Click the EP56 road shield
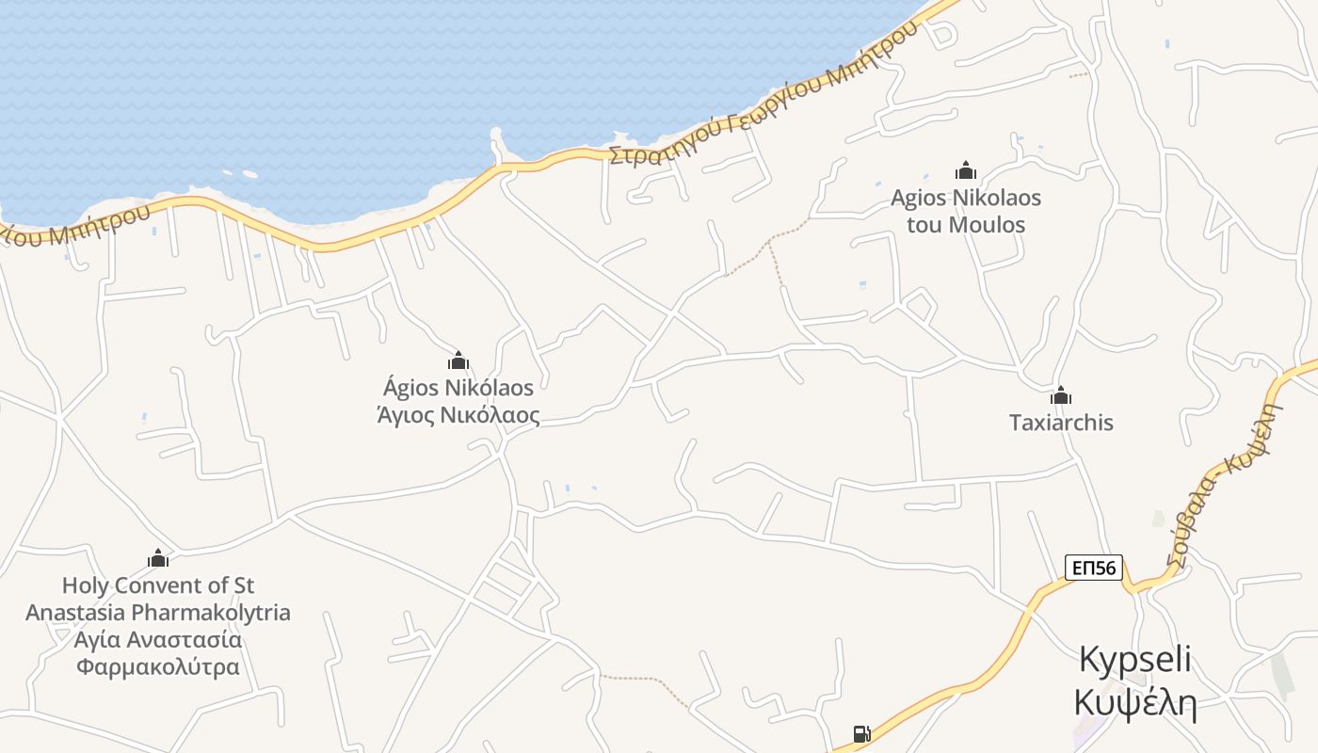tap(1094, 568)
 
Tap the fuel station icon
tap(860, 734)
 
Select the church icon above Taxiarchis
tap(1061, 395)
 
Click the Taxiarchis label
tap(1061, 423)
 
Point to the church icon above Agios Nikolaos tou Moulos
tap(966, 170)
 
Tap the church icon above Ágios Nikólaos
tap(458, 360)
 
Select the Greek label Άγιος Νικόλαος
tap(458, 415)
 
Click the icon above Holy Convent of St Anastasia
tap(158, 558)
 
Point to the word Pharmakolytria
tap(211, 613)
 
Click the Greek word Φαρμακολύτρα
tap(158, 667)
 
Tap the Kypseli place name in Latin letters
tap(1135, 659)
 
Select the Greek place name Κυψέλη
tap(1135, 702)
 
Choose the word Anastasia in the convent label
tap(75, 613)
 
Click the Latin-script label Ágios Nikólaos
tap(458, 388)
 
